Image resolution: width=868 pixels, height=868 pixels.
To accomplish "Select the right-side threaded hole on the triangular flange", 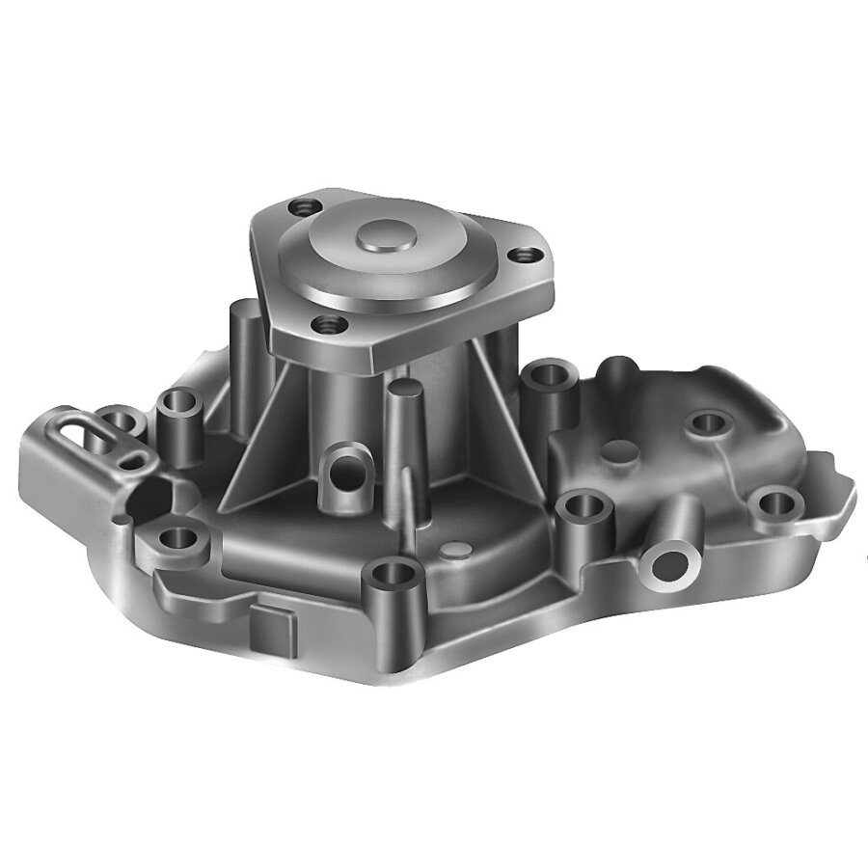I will tap(525, 256).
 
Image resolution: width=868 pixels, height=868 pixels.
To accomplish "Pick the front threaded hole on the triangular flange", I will tap(328, 324).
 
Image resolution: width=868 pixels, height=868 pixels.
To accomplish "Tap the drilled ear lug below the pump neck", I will tap(345, 471).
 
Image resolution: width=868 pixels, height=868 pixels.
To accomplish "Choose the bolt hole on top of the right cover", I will tap(709, 421).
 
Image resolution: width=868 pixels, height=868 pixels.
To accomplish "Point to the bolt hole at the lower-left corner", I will tap(176, 537).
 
